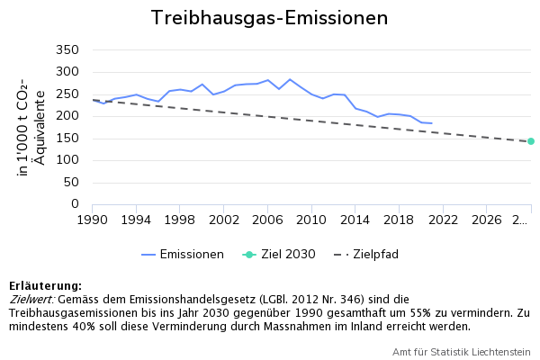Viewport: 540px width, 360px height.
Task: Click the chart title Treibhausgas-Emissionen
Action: pyautogui.click(x=269, y=18)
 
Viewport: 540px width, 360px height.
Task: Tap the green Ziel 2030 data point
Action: pyautogui.click(x=531, y=141)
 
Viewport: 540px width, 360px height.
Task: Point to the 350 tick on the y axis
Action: pyautogui.click(x=67, y=49)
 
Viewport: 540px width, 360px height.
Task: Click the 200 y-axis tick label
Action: pyautogui.click(x=67, y=116)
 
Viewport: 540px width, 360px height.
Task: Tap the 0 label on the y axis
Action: pyautogui.click(x=76, y=204)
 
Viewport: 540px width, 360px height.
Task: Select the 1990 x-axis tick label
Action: pyautogui.click(x=92, y=220)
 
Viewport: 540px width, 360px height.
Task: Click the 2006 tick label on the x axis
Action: pyautogui.click(x=267, y=220)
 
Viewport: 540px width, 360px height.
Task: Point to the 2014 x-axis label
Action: pyautogui.click(x=355, y=220)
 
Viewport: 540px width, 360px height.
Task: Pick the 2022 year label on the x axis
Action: pyautogui.click(x=443, y=220)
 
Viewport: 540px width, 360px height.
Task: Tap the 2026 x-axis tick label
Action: pyautogui.click(x=487, y=220)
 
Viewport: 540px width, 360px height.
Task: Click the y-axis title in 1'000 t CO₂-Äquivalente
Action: pyautogui.click(x=30, y=128)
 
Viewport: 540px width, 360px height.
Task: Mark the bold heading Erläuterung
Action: pyautogui.click(x=45, y=285)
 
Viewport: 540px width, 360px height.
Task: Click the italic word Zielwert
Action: pyautogui.click(x=31, y=299)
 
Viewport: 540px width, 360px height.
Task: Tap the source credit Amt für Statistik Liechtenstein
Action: pyautogui.click(x=461, y=351)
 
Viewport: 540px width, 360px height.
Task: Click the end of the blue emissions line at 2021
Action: pyautogui.click(x=432, y=123)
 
